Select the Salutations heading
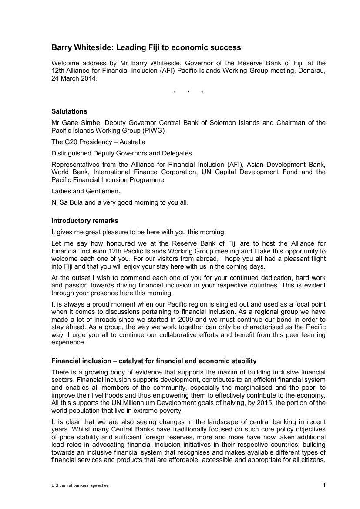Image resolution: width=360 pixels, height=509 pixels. tap(69, 111)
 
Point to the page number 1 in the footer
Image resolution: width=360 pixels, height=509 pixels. tap(324, 485)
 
